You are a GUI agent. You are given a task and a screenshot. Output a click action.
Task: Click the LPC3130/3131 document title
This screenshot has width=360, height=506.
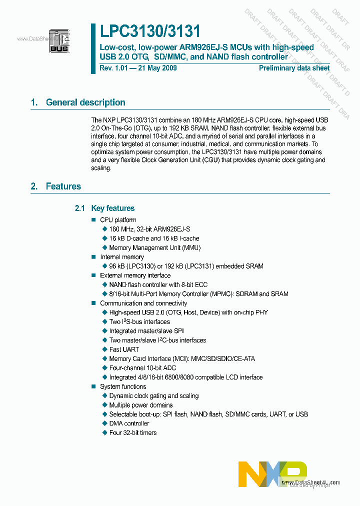click(x=149, y=31)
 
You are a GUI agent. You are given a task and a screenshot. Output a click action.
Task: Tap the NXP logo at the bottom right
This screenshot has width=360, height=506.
click(x=272, y=473)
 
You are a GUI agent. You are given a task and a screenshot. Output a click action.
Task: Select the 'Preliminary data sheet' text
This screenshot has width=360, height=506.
click(x=294, y=68)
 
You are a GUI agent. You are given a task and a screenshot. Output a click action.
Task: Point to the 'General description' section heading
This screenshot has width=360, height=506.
click(x=85, y=102)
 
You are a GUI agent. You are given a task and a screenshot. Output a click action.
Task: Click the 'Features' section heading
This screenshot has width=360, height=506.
click(x=63, y=186)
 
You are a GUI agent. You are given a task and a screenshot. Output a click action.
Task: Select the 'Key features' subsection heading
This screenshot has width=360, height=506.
click(x=112, y=208)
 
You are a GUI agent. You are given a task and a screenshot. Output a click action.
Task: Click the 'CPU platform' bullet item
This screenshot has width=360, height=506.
click(x=118, y=220)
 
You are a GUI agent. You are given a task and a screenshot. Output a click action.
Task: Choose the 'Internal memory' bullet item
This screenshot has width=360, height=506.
click(x=122, y=257)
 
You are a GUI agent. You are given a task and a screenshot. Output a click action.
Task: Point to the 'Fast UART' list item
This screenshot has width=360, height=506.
click(x=124, y=349)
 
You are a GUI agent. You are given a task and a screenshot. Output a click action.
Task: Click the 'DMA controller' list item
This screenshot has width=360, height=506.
click(x=129, y=423)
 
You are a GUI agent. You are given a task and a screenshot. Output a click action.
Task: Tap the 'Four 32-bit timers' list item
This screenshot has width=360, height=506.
click(x=132, y=432)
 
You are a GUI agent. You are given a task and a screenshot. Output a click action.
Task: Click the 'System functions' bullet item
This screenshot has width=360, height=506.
click(x=123, y=386)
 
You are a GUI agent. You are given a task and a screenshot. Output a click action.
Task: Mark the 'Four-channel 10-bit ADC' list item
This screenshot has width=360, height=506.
click(x=142, y=368)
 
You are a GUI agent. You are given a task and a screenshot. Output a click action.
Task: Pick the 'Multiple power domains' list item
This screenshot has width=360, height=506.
click(x=141, y=405)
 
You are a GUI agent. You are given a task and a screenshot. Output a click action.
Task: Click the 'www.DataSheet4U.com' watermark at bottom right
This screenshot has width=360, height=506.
click(x=310, y=482)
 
